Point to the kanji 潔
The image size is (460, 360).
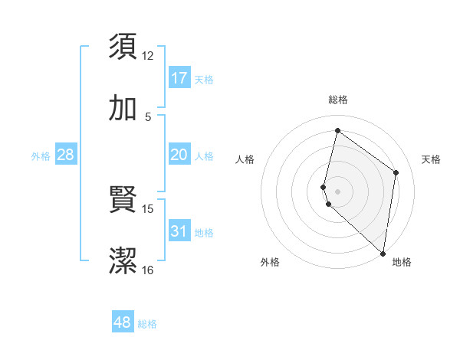123,261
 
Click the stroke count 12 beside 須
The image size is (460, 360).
148,55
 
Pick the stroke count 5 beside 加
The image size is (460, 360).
148,116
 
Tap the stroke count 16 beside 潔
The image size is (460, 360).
148,270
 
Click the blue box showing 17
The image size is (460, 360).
179,77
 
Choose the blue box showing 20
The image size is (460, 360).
179,155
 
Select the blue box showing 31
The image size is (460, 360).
179,231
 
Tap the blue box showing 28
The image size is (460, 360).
65,155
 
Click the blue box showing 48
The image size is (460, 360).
123,322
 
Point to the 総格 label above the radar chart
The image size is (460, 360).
337,100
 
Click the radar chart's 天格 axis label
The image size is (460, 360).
431,159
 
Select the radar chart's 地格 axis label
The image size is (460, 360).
402,262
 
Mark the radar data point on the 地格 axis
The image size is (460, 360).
383,254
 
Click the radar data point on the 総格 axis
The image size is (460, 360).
337,130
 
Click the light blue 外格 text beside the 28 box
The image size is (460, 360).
41,156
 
